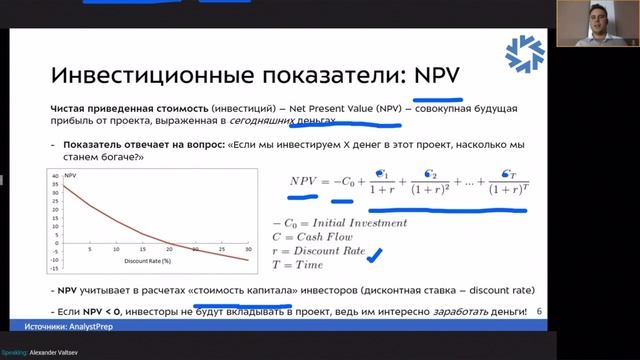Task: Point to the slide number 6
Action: (x=540, y=311)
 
